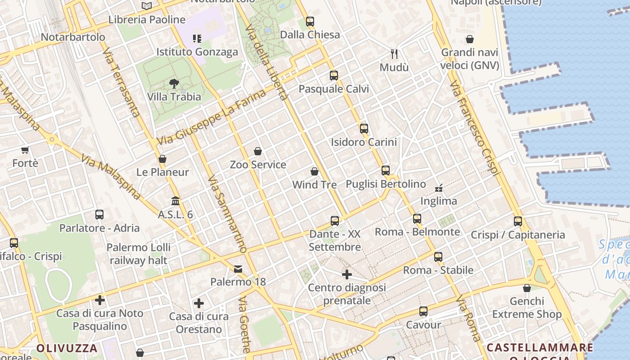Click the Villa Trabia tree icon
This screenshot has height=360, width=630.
(x=174, y=84)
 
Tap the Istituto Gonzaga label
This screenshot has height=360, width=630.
(x=197, y=52)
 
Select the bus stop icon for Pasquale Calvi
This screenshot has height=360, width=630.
(x=333, y=76)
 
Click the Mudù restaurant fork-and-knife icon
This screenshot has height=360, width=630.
(x=394, y=54)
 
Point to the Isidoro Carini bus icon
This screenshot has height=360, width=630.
(x=364, y=129)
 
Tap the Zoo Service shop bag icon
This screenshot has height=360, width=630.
(x=258, y=151)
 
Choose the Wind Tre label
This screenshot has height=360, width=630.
(x=315, y=184)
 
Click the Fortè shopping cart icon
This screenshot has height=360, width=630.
(x=25, y=150)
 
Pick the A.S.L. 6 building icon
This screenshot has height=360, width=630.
(x=175, y=201)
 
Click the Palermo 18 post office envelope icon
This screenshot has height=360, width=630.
(x=238, y=269)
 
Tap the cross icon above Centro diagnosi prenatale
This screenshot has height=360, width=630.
(x=347, y=274)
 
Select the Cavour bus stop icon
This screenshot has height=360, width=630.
(x=423, y=311)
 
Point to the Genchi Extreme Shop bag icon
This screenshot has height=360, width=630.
(x=527, y=288)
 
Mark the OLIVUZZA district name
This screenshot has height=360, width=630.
(x=67, y=348)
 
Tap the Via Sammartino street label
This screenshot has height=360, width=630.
(x=228, y=214)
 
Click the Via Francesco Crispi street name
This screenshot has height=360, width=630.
(x=475, y=128)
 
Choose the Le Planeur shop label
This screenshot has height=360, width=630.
(x=162, y=172)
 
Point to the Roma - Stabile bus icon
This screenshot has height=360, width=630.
(x=438, y=257)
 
